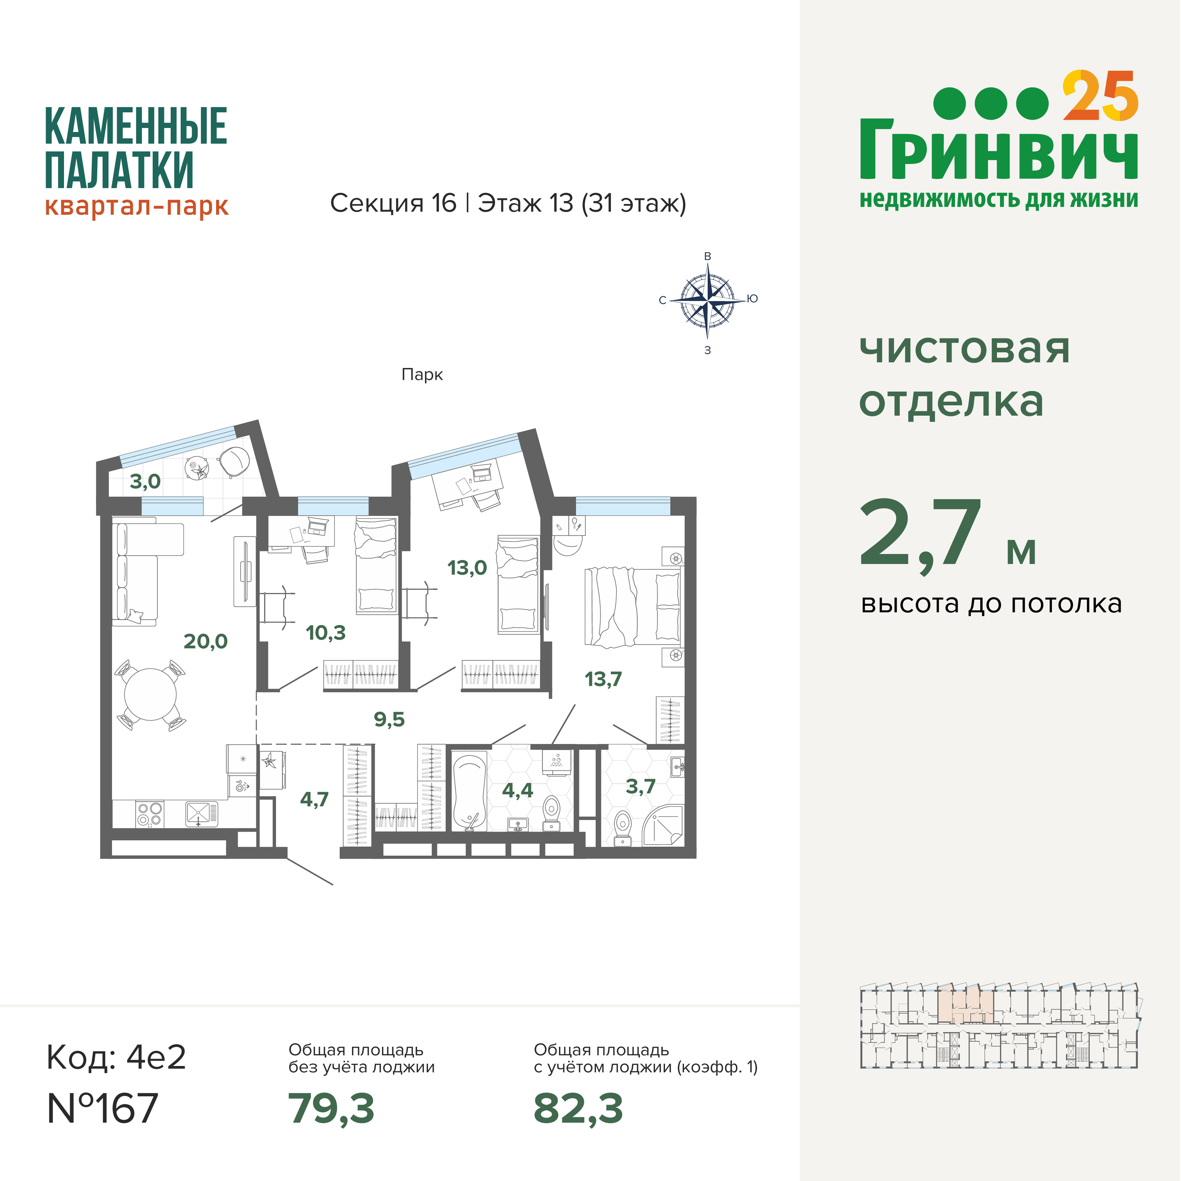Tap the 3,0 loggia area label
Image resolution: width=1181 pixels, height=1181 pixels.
(145, 482)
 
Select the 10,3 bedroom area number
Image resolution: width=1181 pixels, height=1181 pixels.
(325, 633)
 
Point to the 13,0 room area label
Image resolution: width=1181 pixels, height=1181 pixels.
(467, 568)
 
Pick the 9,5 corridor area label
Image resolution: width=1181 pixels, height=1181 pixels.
(389, 719)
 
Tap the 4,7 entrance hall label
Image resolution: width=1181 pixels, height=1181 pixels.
(314, 800)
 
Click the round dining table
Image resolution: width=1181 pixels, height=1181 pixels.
(150, 694)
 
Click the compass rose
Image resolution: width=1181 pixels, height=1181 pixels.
(707, 300)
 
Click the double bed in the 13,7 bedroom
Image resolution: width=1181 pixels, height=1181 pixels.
(633, 607)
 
